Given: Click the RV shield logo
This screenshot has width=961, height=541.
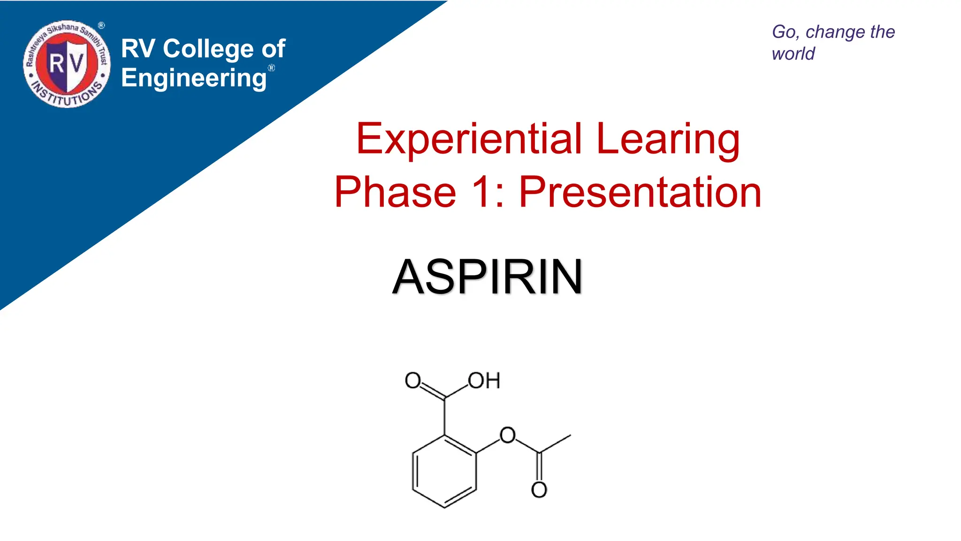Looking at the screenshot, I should pyautogui.click(x=67, y=64).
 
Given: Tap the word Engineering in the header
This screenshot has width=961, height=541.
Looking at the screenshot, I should pyautogui.click(x=194, y=78).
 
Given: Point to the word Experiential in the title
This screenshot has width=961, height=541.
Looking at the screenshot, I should pyautogui.click(x=469, y=139).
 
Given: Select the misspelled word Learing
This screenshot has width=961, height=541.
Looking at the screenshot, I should pyautogui.click(x=668, y=139).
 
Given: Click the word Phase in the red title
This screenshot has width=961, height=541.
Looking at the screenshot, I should pyautogui.click(x=395, y=192).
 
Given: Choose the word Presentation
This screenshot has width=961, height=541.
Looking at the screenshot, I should pyautogui.click(x=640, y=192).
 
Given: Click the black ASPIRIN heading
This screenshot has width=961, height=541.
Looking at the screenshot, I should pyautogui.click(x=488, y=277).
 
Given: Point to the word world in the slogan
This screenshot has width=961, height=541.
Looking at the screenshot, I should pyautogui.click(x=793, y=54).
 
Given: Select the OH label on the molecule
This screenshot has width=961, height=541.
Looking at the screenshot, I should pyautogui.click(x=484, y=380).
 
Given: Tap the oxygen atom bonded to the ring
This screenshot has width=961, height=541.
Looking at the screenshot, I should pyautogui.click(x=507, y=435).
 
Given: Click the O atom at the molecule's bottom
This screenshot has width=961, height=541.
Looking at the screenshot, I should pyautogui.click(x=539, y=490).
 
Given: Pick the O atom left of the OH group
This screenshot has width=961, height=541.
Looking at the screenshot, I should pyautogui.click(x=412, y=380).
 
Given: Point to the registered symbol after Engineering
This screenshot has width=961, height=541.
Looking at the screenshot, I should pyautogui.click(x=271, y=68).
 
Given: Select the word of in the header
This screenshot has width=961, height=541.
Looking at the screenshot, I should pyautogui.click(x=274, y=49).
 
